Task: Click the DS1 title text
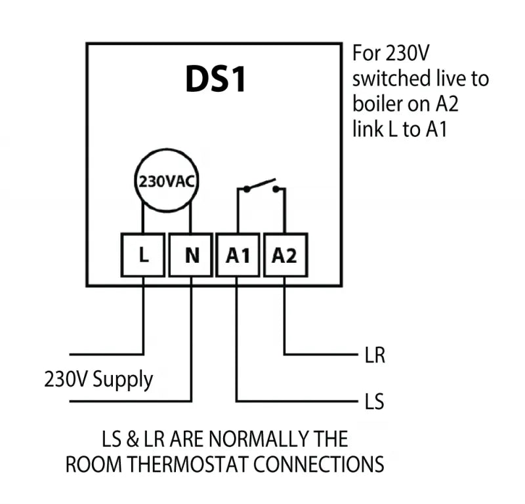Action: [215, 80]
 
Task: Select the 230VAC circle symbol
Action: [167, 181]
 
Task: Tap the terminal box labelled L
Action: [144, 255]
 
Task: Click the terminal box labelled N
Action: [192, 255]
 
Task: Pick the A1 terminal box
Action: [238, 255]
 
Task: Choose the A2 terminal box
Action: [285, 255]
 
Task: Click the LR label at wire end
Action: [374, 357]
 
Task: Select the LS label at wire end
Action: [373, 401]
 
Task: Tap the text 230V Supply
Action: [98, 379]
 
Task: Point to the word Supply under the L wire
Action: [123, 379]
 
